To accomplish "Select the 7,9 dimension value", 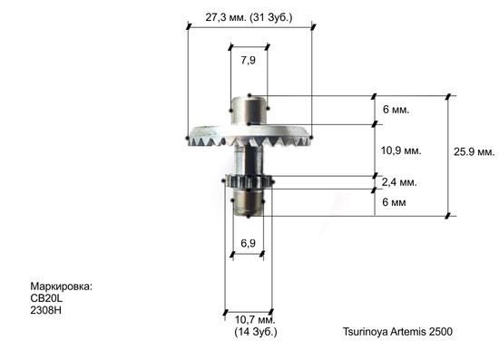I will coord(248,60).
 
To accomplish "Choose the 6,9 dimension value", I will coord(248,244).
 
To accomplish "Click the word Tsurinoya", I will coord(367,332).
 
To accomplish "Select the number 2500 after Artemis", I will coord(438,332).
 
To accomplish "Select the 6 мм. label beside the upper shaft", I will coord(396,109).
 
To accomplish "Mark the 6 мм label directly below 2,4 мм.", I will coord(395,202).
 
